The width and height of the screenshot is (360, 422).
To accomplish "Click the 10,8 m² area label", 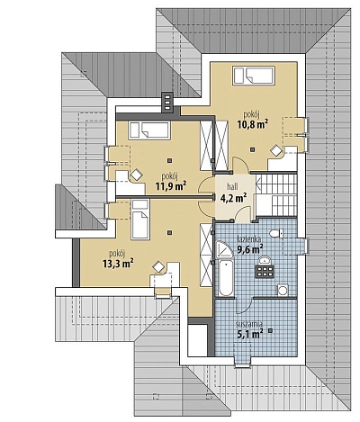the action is (253, 124).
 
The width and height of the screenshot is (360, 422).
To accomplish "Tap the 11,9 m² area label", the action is (171, 186).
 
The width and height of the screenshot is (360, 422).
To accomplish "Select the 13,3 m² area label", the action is (118, 264).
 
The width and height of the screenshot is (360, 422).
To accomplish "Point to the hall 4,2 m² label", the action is (233, 193).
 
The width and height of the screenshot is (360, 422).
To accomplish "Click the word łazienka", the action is (248, 239).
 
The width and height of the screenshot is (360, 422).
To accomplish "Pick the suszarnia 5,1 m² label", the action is (249, 329).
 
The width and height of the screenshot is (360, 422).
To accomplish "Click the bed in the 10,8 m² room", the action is (254, 75).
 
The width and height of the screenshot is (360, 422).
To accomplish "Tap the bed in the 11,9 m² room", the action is (149, 130).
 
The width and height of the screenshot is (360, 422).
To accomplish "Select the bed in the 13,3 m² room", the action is (140, 220).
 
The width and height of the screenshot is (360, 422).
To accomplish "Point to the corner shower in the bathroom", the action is (224, 249).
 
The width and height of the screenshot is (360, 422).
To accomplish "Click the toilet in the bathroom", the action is (276, 233).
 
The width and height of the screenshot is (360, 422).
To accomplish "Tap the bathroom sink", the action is (265, 260).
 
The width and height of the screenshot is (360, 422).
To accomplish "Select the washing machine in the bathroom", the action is (283, 290).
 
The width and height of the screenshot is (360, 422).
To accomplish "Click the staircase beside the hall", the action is (276, 194).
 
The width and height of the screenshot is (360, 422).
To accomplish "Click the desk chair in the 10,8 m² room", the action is (275, 150).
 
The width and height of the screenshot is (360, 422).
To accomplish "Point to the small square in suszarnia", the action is (270, 330).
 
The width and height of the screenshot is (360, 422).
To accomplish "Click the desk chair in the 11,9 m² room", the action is (136, 175).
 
